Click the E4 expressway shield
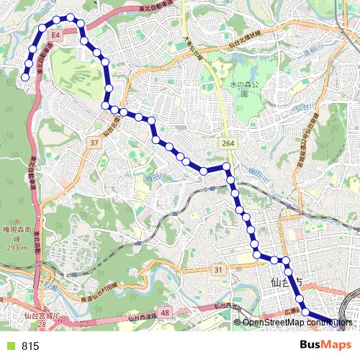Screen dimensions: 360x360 click(x=55, y=34)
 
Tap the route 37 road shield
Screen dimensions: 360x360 click(x=94, y=143)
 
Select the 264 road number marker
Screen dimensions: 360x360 click(x=228, y=144)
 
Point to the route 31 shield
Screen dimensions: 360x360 click(x=218, y=269)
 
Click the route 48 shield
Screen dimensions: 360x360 click(x=165, y=313)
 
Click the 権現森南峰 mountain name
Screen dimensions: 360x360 click(x=14, y=231)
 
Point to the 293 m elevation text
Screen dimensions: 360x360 click(x=14, y=248)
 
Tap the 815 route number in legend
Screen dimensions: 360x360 click(x=30, y=346)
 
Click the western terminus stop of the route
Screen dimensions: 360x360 click(x=25, y=76)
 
